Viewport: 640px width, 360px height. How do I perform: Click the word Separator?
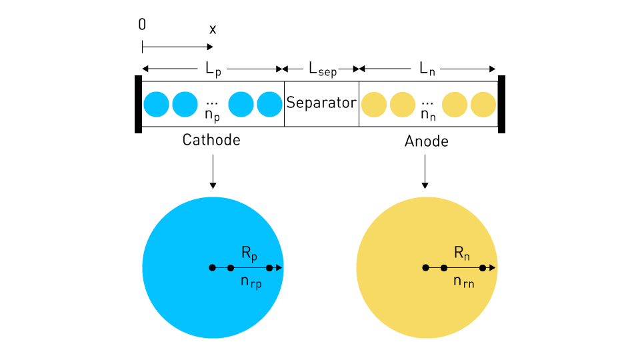(321, 103)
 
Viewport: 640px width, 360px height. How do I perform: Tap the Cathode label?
(211, 140)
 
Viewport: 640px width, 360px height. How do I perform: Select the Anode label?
(427, 141)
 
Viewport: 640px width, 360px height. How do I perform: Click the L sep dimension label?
(323, 69)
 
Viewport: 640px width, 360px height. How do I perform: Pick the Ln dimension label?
(427, 69)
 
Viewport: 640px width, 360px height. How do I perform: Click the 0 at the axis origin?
(142, 25)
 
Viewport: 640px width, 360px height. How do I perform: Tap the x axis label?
(213, 29)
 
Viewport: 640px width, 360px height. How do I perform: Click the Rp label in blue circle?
(249, 253)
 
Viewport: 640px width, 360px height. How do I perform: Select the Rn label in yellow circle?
(462, 253)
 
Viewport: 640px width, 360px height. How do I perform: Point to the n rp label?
(251, 282)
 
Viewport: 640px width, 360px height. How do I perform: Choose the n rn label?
(464, 281)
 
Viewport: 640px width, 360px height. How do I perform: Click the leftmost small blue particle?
(156, 105)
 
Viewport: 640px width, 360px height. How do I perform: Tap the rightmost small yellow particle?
(483, 105)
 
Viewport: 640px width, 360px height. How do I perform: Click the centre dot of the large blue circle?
(212, 268)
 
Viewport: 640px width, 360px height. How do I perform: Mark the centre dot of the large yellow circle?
(426, 268)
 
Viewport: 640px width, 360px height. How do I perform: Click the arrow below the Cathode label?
(213, 171)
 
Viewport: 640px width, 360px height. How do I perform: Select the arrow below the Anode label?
(425, 171)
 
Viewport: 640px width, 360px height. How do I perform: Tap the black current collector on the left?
(139, 104)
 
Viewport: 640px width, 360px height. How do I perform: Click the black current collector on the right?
(501, 104)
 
